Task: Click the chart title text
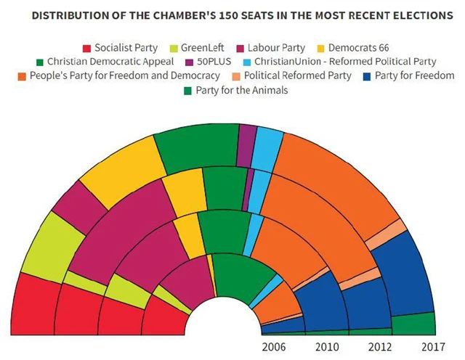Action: pyautogui.click(x=232, y=15)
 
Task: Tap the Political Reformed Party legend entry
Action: pyautogui.click(x=298, y=75)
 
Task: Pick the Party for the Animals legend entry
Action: pyautogui.click(x=232, y=90)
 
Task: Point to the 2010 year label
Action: pyautogui.click(x=326, y=346)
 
